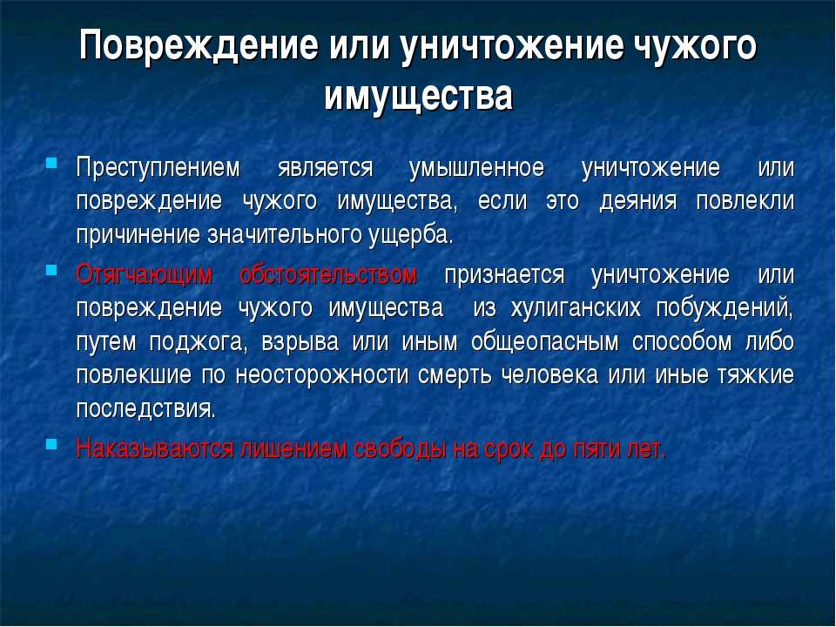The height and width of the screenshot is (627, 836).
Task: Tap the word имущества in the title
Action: [x=419, y=96]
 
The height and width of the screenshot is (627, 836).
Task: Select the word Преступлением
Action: [x=158, y=167]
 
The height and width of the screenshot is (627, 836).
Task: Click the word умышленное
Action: [x=476, y=167]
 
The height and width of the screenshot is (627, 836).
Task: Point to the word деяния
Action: [x=638, y=201]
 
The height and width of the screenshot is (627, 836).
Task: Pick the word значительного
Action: [x=285, y=235]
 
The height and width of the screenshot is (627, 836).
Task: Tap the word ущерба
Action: [x=410, y=236]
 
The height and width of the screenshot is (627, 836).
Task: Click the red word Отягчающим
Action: [x=145, y=275]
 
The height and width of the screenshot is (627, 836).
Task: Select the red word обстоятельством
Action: [x=328, y=274]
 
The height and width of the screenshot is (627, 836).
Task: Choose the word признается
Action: [x=504, y=275]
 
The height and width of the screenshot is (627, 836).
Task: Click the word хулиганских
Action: [x=576, y=308]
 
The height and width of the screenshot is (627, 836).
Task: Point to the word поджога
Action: [x=199, y=342]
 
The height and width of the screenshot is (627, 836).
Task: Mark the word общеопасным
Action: [x=545, y=342]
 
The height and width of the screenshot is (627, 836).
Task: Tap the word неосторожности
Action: [x=321, y=375]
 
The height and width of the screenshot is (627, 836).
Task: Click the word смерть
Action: [x=455, y=375]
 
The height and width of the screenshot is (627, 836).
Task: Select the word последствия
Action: [x=146, y=409]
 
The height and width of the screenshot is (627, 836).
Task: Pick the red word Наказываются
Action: [x=155, y=449]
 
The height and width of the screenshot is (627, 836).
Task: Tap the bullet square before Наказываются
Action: [x=51, y=443]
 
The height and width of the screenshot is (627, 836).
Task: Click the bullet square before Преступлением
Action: [x=51, y=163]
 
